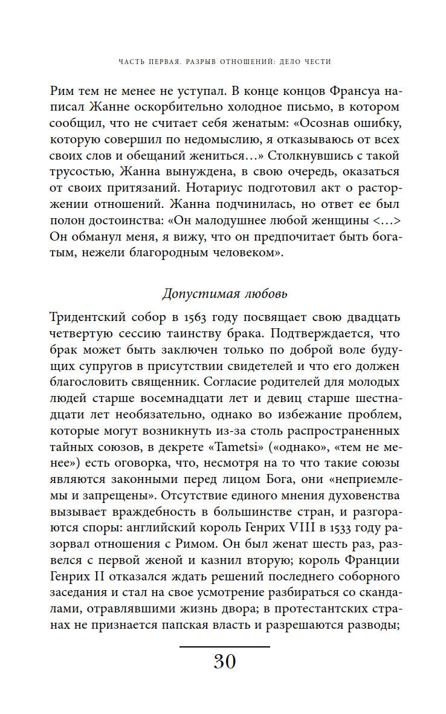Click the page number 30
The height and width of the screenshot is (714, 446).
pyautogui.click(x=224, y=662)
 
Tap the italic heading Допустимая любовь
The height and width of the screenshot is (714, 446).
pyautogui.click(x=224, y=294)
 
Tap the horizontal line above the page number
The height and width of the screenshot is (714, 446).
pyautogui.click(x=224, y=646)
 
